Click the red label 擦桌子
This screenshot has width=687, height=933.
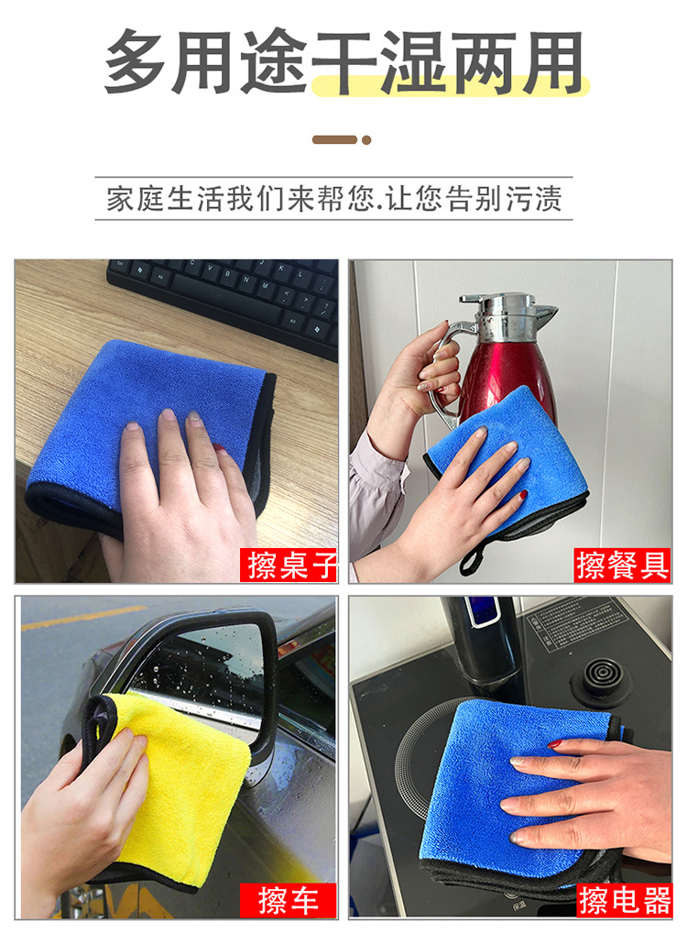[x=289, y=565]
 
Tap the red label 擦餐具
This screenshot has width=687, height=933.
[x=622, y=565]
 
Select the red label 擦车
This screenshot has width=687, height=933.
[x=289, y=900]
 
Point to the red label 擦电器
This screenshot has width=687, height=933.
[x=625, y=900]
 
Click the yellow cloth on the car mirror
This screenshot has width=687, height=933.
[x=179, y=791]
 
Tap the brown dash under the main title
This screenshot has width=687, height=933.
[x=335, y=140]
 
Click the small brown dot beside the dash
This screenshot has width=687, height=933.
[x=366, y=140]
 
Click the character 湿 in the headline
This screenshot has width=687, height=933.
[x=411, y=62]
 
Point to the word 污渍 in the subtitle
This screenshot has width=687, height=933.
[x=533, y=199]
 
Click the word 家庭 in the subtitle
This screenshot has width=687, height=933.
[x=135, y=199]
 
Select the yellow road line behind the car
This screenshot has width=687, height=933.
[x=83, y=618]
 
